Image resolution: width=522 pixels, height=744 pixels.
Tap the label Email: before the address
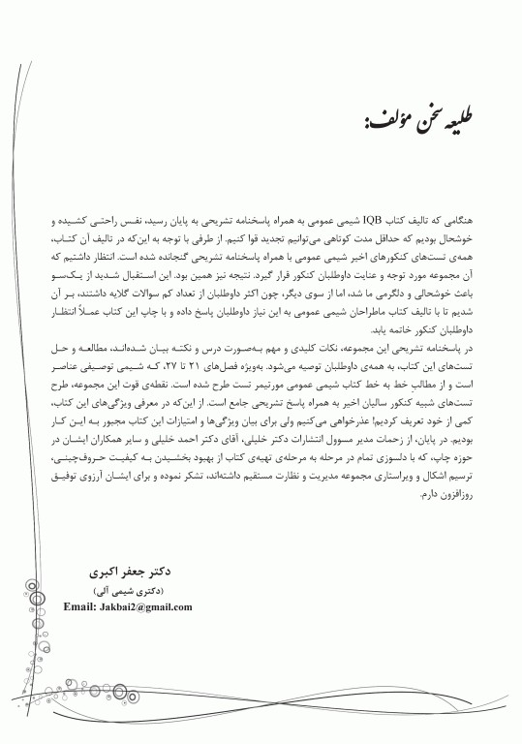(81, 607)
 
